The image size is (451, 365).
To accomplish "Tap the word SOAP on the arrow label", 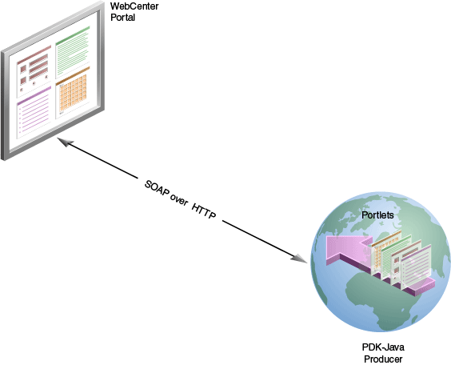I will tap(157, 188).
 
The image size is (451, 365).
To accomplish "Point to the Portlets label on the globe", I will tap(378, 216).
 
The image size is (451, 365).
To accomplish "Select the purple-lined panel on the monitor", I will tap(34, 111).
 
